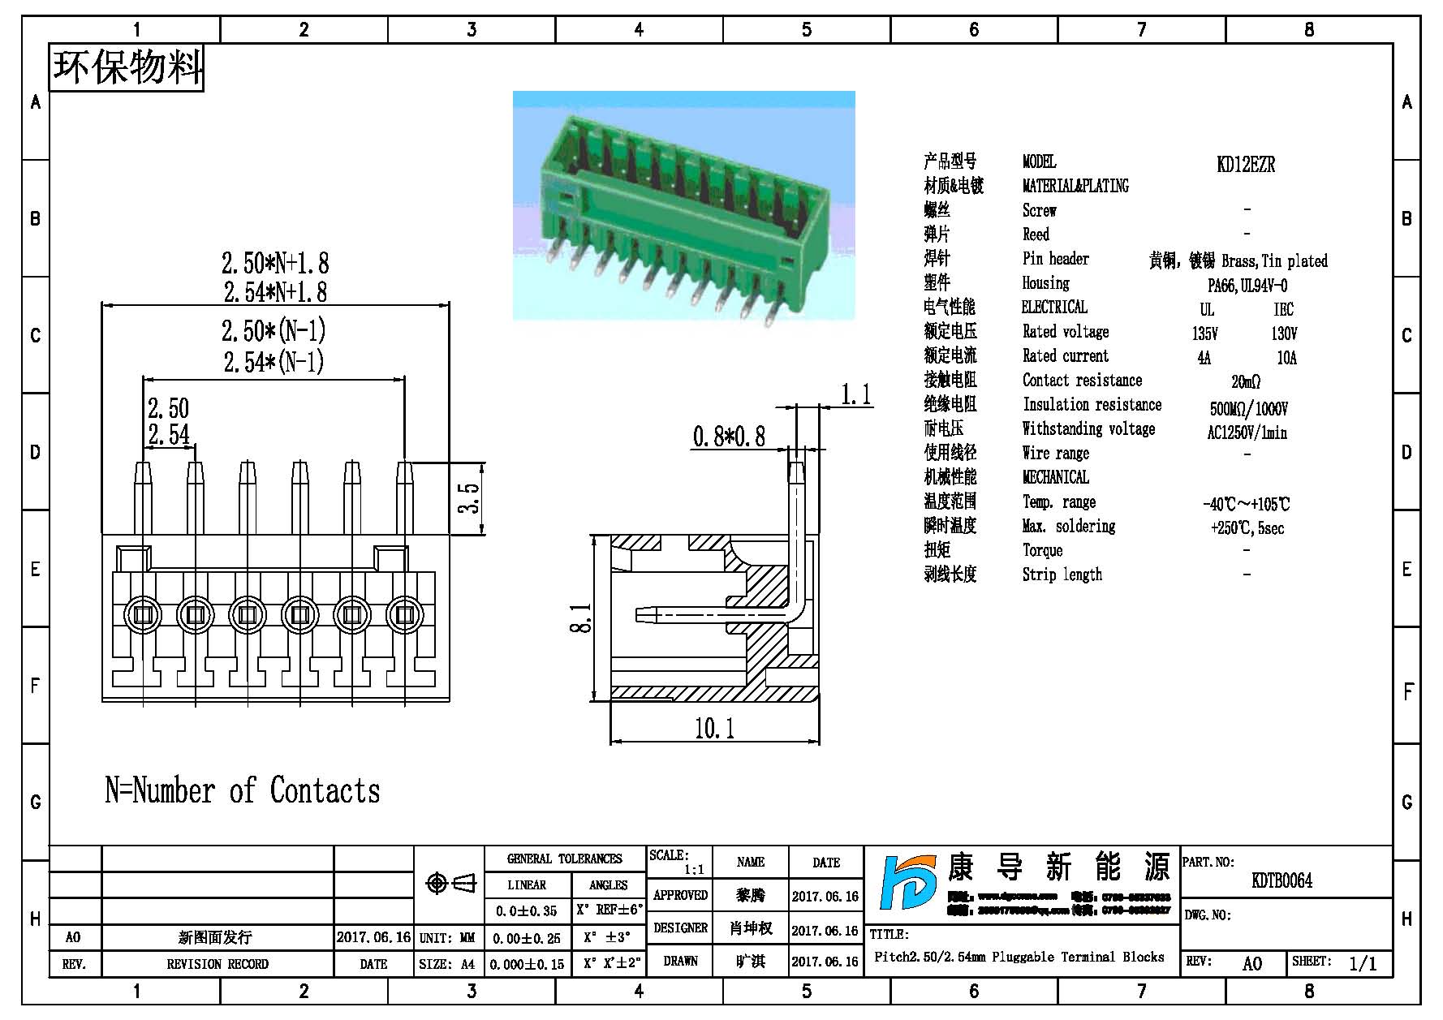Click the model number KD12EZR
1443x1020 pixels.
click(x=1246, y=165)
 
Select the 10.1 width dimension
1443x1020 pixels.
click(x=714, y=728)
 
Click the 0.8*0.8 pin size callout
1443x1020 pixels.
click(x=729, y=437)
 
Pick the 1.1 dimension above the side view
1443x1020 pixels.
click(x=855, y=395)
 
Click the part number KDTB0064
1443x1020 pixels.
click(x=1281, y=880)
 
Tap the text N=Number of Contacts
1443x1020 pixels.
click(x=243, y=790)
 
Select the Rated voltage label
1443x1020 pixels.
click(x=1065, y=332)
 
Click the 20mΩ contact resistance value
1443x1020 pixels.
click(x=1246, y=381)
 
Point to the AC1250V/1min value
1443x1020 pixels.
click(x=1247, y=433)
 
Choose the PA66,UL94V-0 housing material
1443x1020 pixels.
click(x=1247, y=286)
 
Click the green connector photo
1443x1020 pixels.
click(x=683, y=204)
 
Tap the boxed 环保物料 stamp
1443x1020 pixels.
click(x=127, y=67)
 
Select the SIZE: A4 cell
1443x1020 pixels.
click(x=447, y=964)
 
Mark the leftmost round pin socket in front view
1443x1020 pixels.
click(x=143, y=615)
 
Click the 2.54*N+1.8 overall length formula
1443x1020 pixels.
click(x=275, y=291)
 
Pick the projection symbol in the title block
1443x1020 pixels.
click(x=450, y=883)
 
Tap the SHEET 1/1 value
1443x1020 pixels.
click(x=1363, y=963)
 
